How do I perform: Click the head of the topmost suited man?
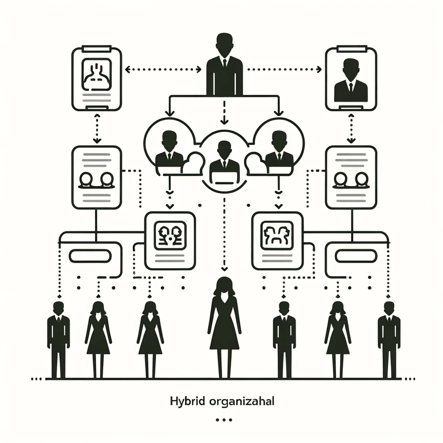click(x=225, y=43)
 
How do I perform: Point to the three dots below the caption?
click(x=223, y=419)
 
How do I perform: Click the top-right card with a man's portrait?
click(x=351, y=79)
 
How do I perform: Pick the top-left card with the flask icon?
click(x=96, y=79)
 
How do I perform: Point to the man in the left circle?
click(x=169, y=149)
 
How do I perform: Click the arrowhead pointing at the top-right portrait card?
click(x=319, y=69)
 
